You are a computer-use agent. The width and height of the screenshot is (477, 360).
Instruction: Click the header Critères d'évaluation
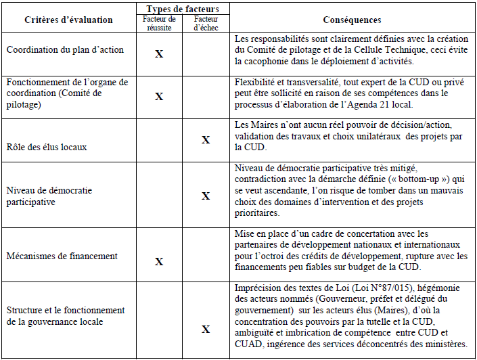[x=60, y=20]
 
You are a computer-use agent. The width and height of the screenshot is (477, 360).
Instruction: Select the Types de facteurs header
[x=183, y=8]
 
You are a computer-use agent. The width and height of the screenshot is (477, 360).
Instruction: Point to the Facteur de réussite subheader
[x=159, y=23]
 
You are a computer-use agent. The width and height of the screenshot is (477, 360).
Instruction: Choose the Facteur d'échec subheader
[x=206, y=23]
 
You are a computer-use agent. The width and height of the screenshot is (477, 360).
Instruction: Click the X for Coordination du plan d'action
[x=159, y=53]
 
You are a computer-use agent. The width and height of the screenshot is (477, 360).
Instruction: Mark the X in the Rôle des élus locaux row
[x=206, y=140]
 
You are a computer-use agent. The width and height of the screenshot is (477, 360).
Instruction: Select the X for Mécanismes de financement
[x=159, y=261]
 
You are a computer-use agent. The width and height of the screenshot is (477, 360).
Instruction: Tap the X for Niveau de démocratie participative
[x=206, y=196]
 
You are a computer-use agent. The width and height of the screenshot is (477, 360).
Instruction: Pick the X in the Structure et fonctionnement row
[x=206, y=330]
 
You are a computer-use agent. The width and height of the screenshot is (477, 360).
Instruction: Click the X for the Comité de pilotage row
[x=159, y=97]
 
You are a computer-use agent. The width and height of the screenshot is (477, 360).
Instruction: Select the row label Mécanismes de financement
[x=62, y=256]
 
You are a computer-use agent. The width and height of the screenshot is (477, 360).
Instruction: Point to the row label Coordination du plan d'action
[x=61, y=49]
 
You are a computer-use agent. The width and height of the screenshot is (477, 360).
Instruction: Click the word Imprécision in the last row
[x=258, y=288]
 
